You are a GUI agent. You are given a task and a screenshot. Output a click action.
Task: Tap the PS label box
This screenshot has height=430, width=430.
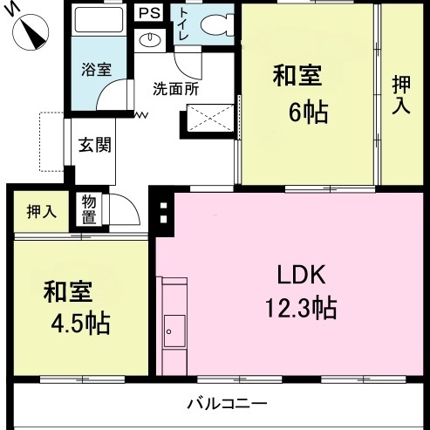click(x=149, y=13)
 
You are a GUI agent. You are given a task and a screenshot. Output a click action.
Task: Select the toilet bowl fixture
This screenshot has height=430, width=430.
click(x=217, y=25)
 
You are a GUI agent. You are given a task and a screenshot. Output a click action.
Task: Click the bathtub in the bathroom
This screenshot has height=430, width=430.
click(x=99, y=20)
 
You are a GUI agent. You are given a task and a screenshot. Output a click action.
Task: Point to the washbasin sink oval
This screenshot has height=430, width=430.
click(x=150, y=40)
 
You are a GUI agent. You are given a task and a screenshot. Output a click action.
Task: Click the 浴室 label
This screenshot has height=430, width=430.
click(x=96, y=70)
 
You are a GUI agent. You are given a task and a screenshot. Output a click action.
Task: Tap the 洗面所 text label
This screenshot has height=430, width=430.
click(x=176, y=89)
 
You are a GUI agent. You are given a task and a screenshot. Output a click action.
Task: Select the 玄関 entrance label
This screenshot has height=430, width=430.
click(x=95, y=145)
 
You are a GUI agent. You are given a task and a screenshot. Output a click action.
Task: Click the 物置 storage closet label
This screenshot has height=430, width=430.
click(x=89, y=209)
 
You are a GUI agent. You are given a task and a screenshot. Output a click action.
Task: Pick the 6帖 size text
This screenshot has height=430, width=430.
click(x=309, y=113)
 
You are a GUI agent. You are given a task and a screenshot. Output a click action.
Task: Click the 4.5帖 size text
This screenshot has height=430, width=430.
click(x=80, y=324)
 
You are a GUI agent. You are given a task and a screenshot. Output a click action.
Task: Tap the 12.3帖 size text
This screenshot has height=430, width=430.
click(x=301, y=308)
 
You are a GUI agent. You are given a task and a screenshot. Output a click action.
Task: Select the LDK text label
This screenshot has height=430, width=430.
click(x=301, y=275)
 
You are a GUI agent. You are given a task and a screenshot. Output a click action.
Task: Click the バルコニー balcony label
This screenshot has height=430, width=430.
click(x=227, y=404)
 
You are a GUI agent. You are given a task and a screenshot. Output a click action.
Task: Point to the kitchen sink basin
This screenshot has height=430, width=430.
click(x=174, y=331)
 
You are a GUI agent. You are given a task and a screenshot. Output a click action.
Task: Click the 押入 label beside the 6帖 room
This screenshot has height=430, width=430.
click(x=401, y=95)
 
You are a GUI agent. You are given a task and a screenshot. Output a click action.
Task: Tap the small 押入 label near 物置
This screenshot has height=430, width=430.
click(x=41, y=211)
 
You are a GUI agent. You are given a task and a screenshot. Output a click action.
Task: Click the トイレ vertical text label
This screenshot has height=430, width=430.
click(x=184, y=24)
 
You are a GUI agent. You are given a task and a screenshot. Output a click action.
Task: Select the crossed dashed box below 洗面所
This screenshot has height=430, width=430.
click(x=210, y=118)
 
